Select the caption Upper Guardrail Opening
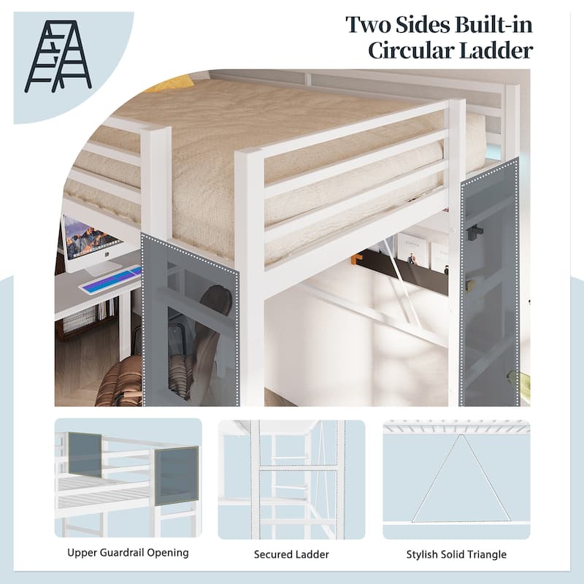pos(128,553)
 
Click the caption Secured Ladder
pos(291,554)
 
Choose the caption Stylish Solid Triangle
pos(456,554)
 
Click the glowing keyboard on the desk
pos(109,280)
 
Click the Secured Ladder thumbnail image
pos(291,479)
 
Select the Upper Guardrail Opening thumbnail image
pos(128,479)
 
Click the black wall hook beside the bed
pos(475,231)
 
